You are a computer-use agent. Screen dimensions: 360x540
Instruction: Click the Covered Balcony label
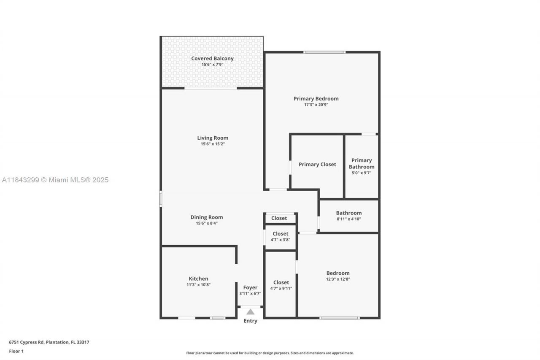pos(212,58)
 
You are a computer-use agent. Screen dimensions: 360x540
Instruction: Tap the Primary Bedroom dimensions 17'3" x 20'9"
pos(316,105)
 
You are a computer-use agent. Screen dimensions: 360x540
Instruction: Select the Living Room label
pos(213,138)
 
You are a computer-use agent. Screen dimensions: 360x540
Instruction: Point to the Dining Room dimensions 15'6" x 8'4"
pos(207,223)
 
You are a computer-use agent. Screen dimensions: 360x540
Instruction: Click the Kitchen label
pos(198,279)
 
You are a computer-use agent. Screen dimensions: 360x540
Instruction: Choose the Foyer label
pos(250,287)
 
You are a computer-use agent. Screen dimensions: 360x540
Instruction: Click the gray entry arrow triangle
pos(251,312)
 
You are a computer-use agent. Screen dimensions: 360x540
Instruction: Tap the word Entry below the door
pos(250,321)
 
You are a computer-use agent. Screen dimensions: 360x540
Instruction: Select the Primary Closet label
pos(317,164)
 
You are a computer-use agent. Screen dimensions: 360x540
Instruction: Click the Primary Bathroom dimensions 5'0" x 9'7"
pos(362,173)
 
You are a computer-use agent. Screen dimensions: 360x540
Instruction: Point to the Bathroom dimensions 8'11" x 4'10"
pos(348,219)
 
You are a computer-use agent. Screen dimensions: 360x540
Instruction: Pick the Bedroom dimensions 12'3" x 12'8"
pos(338,279)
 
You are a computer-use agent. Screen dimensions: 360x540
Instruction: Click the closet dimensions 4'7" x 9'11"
pos(281,289)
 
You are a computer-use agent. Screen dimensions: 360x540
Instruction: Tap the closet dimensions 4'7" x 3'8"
pos(281,239)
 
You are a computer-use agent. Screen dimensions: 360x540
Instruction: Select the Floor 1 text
pos(16,351)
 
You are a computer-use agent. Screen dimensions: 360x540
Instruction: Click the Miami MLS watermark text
pos(55,180)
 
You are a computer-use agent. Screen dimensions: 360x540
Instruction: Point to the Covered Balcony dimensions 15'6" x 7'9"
pos(212,65)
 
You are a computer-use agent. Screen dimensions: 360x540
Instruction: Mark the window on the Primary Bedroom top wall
pos(325,52)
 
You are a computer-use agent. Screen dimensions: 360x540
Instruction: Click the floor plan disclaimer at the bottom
pos(270,353)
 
